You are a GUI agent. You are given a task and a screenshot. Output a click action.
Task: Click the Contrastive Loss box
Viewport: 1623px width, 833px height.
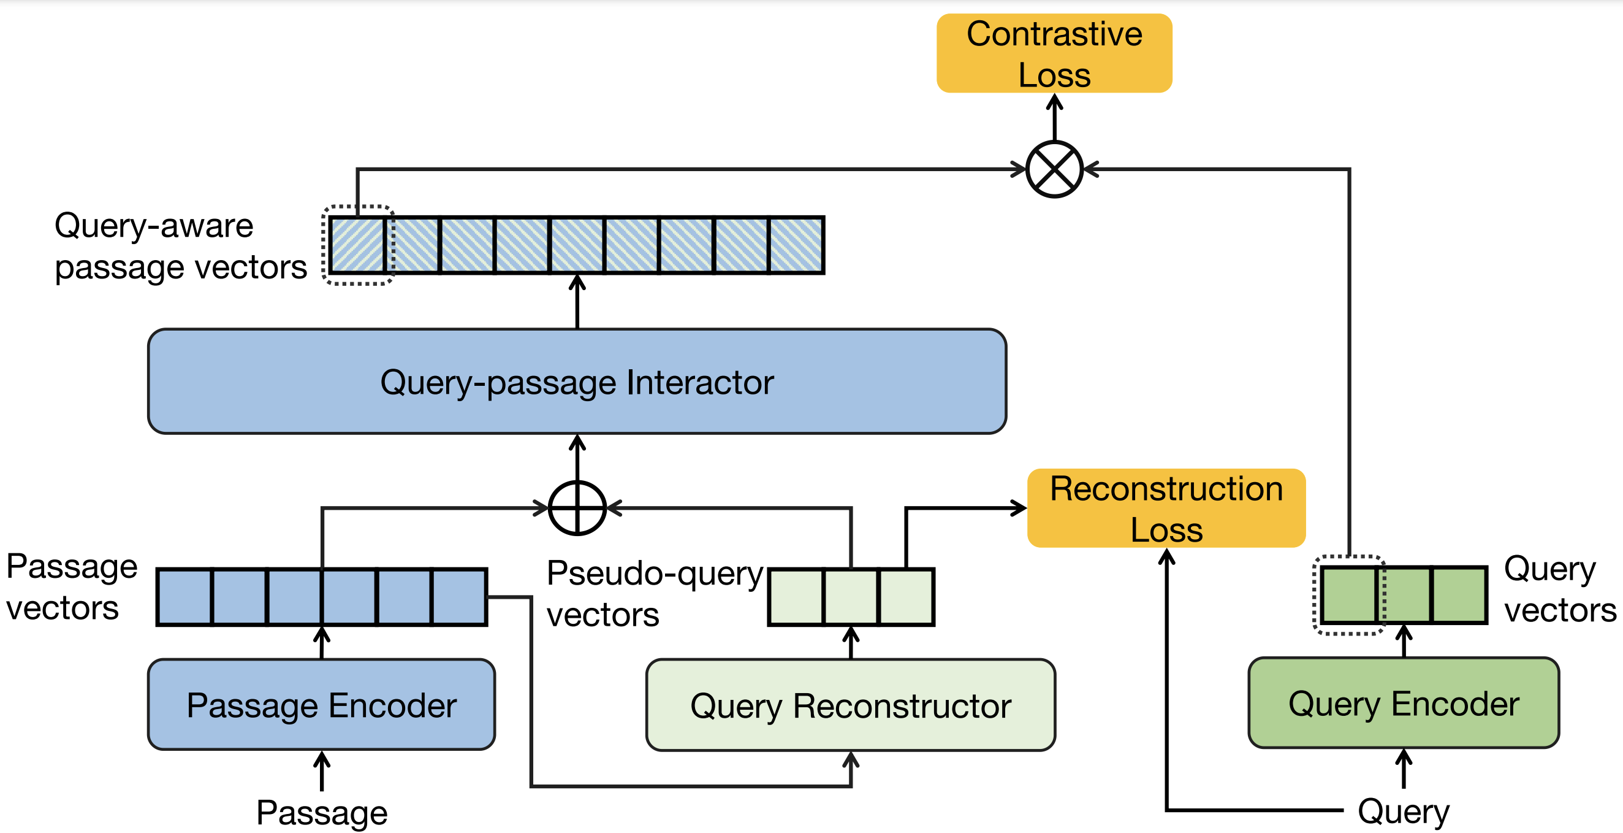tap(1054, 53)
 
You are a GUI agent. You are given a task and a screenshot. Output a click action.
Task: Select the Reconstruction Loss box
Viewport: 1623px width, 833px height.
tap(1166, 508)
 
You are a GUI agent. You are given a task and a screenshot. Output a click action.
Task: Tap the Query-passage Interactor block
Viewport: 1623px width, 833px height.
tap(577, 382)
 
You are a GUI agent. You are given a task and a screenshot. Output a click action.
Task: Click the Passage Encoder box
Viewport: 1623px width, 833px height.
tap(321, 704)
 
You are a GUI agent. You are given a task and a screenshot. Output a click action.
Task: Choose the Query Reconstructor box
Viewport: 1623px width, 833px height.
tap(851, 705)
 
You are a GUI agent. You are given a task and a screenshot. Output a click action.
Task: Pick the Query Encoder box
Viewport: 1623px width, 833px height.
tap(1403, 703)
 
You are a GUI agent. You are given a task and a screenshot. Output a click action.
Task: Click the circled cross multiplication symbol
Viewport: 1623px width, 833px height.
tap(1054, 169)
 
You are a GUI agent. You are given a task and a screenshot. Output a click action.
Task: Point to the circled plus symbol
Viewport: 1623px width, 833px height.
tap(577, 508)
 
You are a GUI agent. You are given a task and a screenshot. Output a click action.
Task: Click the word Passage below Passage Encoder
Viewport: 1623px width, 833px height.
tap(321, 812)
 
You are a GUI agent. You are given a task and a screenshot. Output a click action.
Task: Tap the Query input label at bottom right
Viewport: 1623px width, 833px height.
tap(1403, 811)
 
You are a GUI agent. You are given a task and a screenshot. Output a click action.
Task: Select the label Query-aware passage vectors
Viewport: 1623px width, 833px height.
tap(180, 246)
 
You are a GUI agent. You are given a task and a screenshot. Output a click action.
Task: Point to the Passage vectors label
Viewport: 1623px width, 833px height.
tap(70, 586)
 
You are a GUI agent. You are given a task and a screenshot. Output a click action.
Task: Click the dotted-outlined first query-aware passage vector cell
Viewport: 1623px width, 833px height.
tap(357, 245)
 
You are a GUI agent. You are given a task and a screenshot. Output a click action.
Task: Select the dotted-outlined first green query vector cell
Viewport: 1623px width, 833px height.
tap(1348, 594)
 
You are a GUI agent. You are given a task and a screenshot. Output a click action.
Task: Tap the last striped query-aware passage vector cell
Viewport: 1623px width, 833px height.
tap(796, 245)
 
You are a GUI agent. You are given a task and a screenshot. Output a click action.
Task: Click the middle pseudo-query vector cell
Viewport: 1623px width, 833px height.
tap(851, 596)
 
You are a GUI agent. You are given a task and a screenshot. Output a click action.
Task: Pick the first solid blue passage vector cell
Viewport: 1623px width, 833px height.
tap(184, 596)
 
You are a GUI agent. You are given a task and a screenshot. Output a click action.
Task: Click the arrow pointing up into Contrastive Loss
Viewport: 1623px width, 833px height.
tap(1054, 117)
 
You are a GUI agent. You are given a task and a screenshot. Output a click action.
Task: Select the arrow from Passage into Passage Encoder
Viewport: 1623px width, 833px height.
tap(322, 770)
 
